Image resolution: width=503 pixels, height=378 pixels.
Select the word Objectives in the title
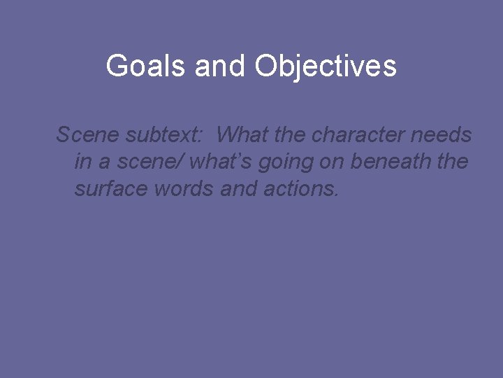tap(326, 66)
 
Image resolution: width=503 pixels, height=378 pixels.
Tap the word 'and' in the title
tap(221, 66)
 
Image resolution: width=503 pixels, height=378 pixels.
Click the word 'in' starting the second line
tap(82, 162)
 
